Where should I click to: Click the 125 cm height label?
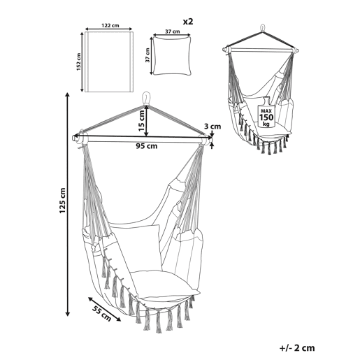[x=62, y=201]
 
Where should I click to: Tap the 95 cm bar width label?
[x=147, y=146]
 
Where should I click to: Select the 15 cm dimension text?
[x=142, y=120]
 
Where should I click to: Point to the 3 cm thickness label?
[x=213, y=127]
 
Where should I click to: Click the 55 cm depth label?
[x=101, y=313]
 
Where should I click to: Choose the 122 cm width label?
[x=110, y=25]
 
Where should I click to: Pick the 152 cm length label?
[x=78, y=62]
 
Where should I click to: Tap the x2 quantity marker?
[x=188, y=22]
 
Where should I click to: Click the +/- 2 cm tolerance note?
[x=297, y=348]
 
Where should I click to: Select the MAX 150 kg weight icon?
[x=266, y=113]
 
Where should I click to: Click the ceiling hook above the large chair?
[x=147, y=98]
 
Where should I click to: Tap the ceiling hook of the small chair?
[x=263, y=28]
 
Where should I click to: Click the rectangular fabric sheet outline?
[x=109, y=62]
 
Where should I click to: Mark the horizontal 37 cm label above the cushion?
[x=173, y=31]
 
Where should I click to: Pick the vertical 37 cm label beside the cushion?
[x=147, y=55]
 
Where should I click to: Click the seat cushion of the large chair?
[x=164, y=285]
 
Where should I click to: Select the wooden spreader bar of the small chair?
[x=261, y=50]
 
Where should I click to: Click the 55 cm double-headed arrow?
[x=104, y=309]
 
